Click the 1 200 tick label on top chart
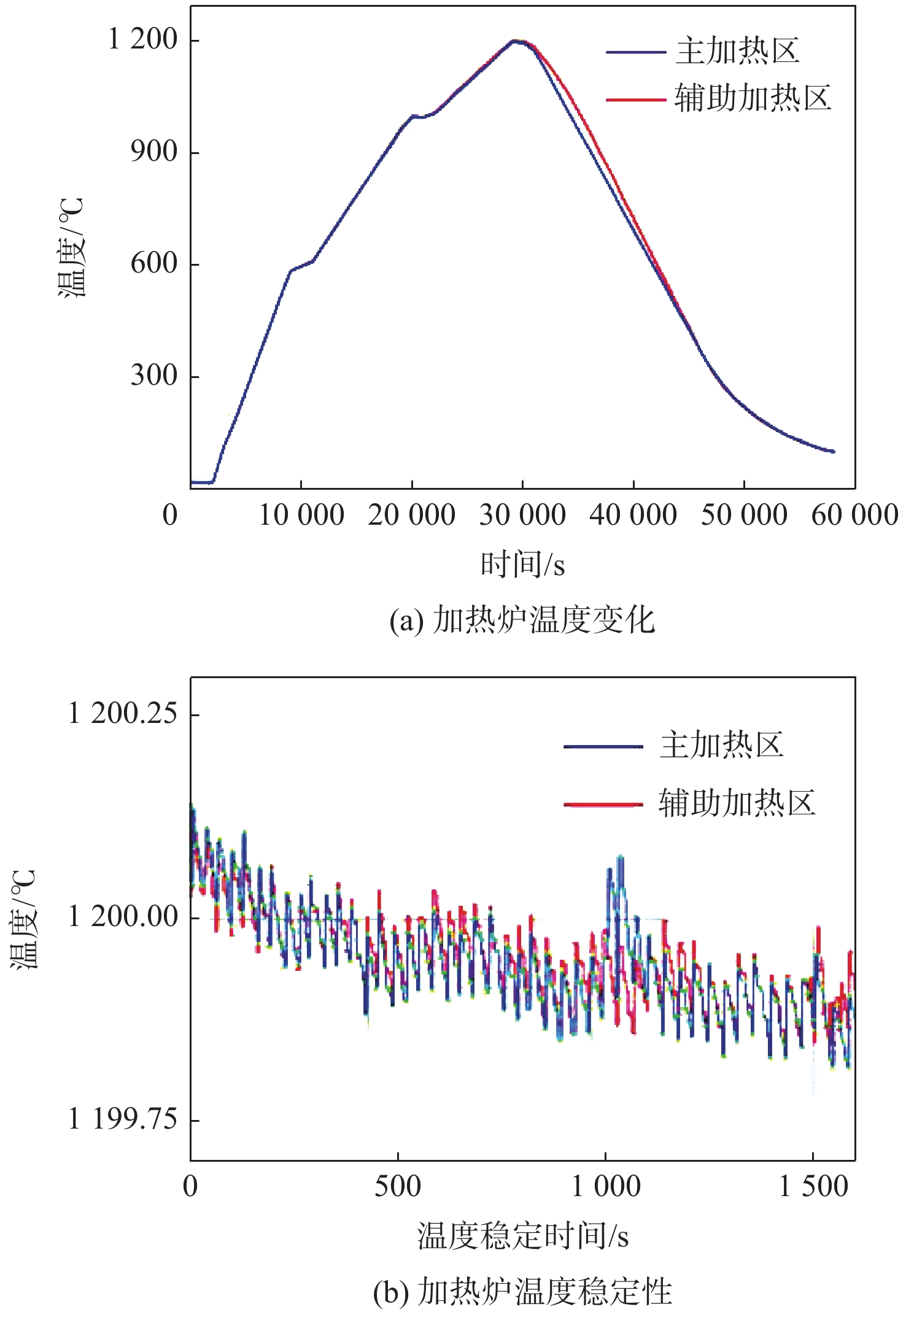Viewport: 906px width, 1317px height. pos(142,40)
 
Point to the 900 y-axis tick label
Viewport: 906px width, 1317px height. pos(154,152)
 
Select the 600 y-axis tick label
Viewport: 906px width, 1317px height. pos(154,264)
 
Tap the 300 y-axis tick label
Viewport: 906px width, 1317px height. pos(154,376)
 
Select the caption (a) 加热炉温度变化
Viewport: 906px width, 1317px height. pos(522,620)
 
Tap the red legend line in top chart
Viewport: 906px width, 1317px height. pos(635,99)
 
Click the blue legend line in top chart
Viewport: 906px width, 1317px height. pos(635,52)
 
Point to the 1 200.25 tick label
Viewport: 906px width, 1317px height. pos(123,714)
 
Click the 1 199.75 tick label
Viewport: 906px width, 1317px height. pos(123,1119)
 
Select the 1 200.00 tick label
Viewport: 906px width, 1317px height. pos(123,917)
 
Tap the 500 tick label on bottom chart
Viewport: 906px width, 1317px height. pos(398,1186)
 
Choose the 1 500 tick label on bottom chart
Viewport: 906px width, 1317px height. pos(813,1186)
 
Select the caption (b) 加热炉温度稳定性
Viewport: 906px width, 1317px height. pos(522,1292)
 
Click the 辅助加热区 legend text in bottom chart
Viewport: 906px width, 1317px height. pos(737,803)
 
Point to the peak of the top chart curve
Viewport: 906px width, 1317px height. pos(517,41)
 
